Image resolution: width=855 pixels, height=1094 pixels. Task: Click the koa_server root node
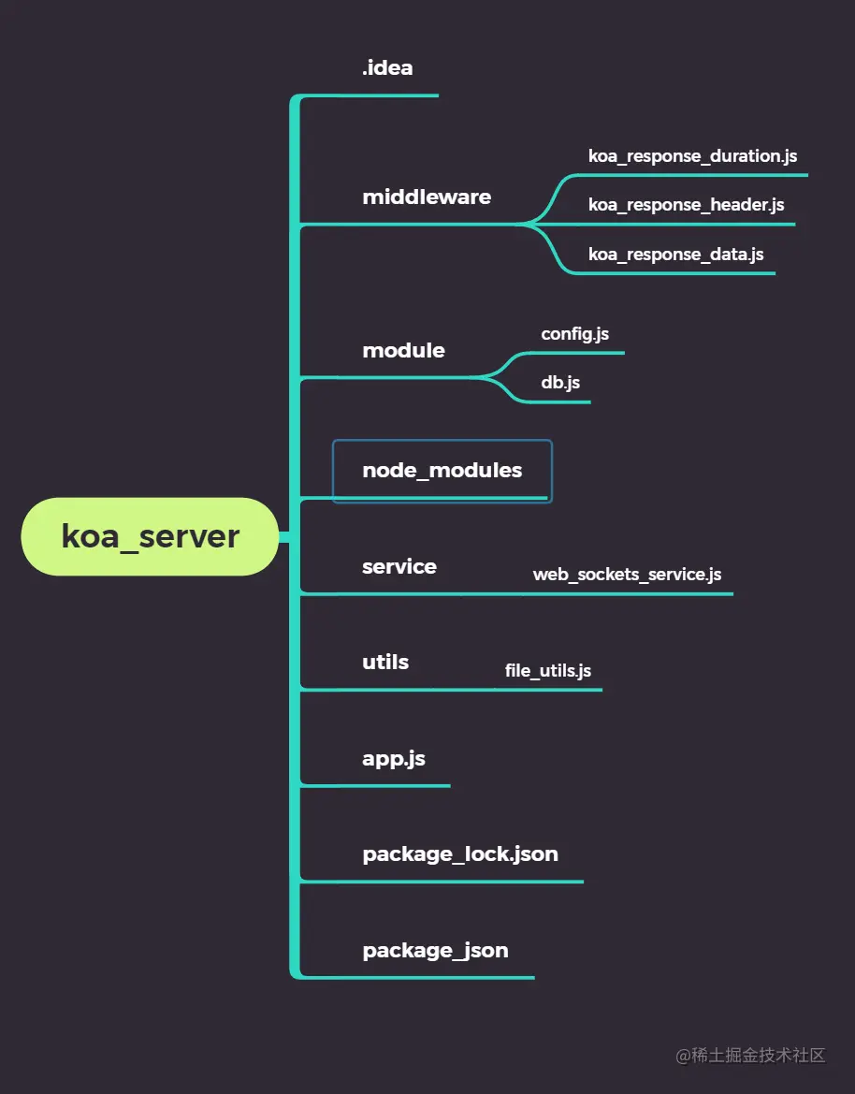tap(150, 536)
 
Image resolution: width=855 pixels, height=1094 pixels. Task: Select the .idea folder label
tap(387, 67)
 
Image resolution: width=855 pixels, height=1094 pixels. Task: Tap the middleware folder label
tap(427, 197)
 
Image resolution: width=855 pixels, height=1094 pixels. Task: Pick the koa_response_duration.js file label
tap(692, 156)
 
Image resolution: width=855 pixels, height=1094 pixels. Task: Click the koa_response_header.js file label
tap(686, 205)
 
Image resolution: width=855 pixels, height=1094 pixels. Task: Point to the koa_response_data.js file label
tap(675, 254)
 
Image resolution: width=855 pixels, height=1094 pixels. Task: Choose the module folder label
tap(403, 350)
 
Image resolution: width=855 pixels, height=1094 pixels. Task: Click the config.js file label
tap(574, 333)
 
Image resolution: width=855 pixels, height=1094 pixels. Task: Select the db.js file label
tap(560, 383)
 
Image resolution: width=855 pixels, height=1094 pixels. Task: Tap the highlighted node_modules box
tap(442, 471)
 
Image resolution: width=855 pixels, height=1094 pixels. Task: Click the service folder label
tap(399, 566)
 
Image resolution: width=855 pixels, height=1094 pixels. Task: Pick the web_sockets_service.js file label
tap(627, 575)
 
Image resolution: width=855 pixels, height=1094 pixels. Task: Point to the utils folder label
tap(385, 662)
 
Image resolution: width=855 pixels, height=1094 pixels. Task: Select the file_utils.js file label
tap(547, 671)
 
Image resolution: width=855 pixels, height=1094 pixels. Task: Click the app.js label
tap(394, 758)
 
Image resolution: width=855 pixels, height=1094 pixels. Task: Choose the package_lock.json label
tap(460, 853)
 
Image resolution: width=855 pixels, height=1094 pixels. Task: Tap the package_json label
tap(435, 950)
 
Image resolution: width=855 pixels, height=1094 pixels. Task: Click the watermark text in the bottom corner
tap(751, 1055)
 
